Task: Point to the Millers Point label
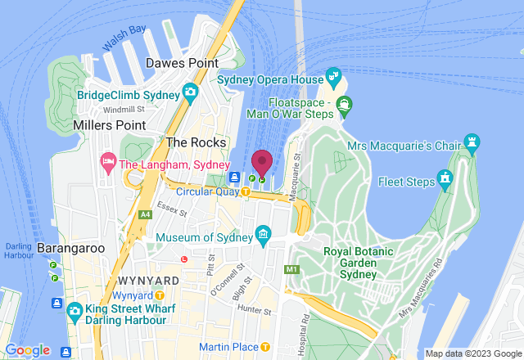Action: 109,125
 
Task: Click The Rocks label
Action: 190,142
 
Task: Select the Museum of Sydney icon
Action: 263,237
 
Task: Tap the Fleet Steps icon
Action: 445,177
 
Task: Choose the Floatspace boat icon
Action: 344,104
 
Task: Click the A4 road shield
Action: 145,214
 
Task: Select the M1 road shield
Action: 291,268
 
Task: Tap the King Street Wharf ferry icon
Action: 74,310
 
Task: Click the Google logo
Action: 28,350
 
